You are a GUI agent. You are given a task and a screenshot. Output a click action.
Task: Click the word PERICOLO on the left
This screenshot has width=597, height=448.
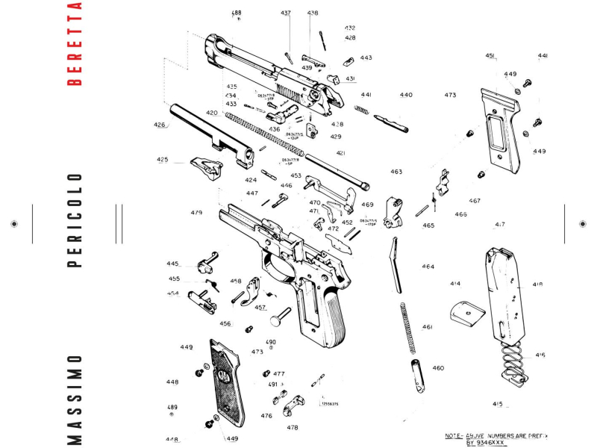(x=74, y=221)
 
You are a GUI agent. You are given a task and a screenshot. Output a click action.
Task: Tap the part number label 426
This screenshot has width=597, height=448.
(x=160, y=125)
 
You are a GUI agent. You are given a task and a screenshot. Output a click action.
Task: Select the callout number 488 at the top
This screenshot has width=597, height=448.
(x=237, y=13)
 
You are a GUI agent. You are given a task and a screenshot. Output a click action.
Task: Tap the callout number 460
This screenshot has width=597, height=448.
(x=438, y=368)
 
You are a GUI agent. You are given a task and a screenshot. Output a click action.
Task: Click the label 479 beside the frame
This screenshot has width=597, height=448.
(x=196, y=213)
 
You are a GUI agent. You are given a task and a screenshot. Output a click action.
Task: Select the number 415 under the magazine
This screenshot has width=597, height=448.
(x=498, y=404)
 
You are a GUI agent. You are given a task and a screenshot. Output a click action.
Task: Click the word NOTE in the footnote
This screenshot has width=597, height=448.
(x=454, y=435)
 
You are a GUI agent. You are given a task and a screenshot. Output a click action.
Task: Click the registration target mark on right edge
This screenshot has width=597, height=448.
(x=584, y=223)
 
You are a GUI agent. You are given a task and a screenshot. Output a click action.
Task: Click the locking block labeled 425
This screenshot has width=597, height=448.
(x=208, y=167)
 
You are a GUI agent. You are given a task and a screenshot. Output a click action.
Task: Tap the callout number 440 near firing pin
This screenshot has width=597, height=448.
(x=405, y=96)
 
